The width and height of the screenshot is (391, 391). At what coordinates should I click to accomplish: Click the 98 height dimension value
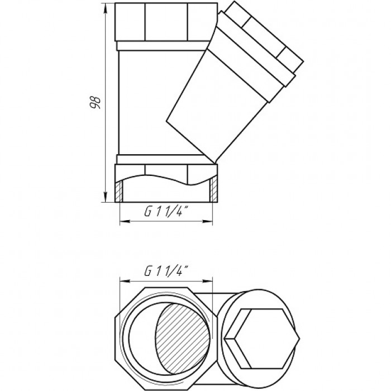(96, 102)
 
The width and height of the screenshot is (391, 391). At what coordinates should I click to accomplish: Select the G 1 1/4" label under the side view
(165, 212)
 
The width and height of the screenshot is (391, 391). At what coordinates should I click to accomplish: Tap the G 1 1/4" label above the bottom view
(165, 271)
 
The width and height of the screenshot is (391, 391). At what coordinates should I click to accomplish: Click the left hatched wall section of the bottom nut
(119, 191)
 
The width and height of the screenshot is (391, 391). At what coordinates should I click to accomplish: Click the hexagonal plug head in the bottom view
(262, 338)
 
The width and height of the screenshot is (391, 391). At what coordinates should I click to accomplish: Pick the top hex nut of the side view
(166, 22)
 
